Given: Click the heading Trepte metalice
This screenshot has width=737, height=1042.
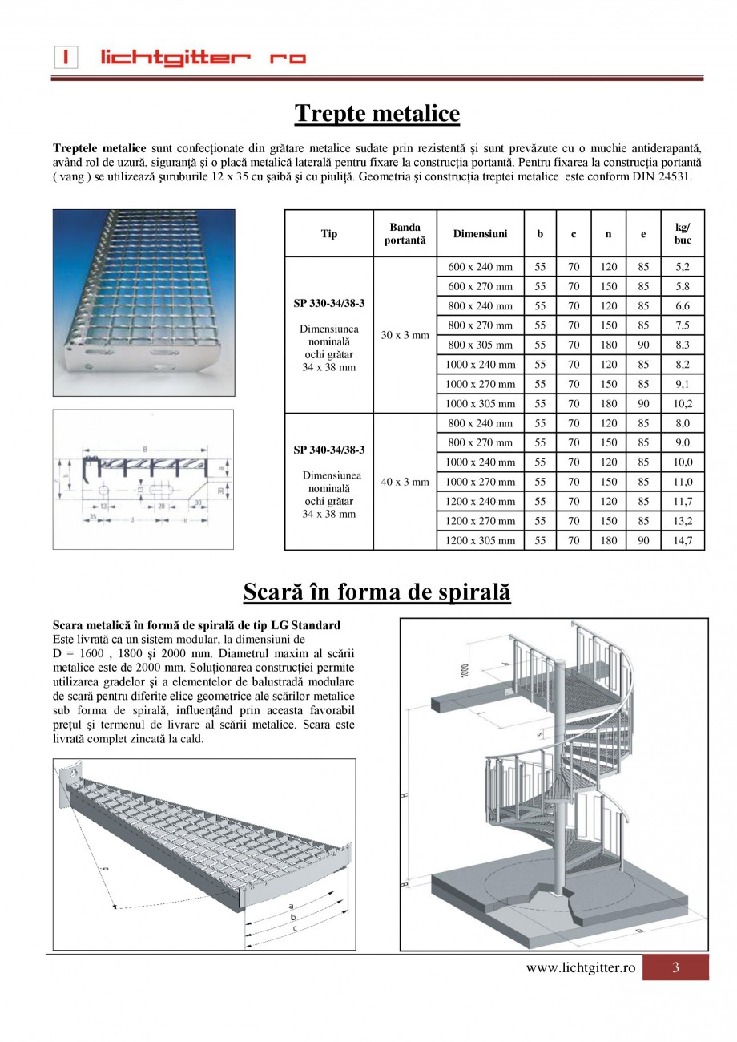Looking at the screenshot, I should [x=377, y=114].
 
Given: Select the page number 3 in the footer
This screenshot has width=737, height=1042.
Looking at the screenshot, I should [x=675, y=967].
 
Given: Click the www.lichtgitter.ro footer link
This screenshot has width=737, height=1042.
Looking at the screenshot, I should [x=580, y=967].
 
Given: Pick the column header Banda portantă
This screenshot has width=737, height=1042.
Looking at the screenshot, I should [x=405, y=233].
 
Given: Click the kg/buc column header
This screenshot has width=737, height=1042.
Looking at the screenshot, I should [x=683, y=233].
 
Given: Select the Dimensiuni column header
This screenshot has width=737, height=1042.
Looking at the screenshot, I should [x=480, y=233].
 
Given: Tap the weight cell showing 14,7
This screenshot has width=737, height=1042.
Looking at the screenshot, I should [x=683, y=540].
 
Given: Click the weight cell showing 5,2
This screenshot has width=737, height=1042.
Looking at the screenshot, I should [x=683, y=267].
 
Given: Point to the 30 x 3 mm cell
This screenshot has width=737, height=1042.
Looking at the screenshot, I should [x=405, y=335].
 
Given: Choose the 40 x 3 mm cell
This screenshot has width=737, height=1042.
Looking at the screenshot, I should [x=405, y=482].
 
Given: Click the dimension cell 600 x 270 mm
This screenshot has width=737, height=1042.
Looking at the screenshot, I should [x=480, y=286].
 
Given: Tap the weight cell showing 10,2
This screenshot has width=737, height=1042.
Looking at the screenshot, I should [x=683, y=403].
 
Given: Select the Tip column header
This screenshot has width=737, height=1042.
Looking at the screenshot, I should [x=329, y=233].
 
